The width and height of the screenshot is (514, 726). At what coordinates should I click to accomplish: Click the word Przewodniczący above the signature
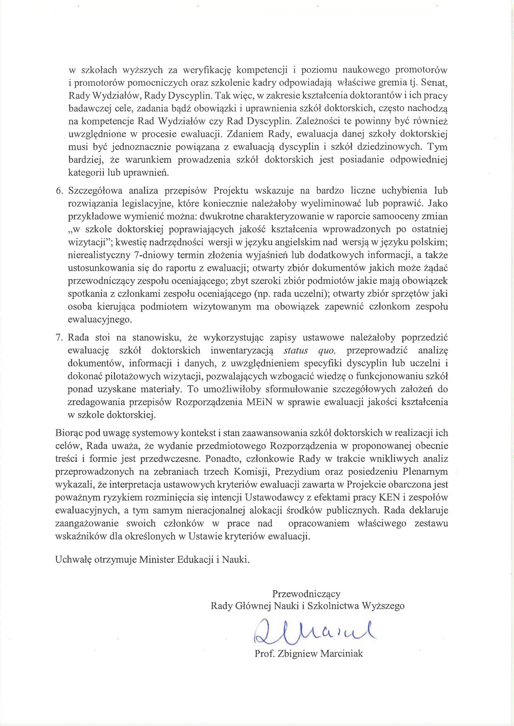306,593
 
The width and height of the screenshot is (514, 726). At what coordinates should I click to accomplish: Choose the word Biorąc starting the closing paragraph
69,433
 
